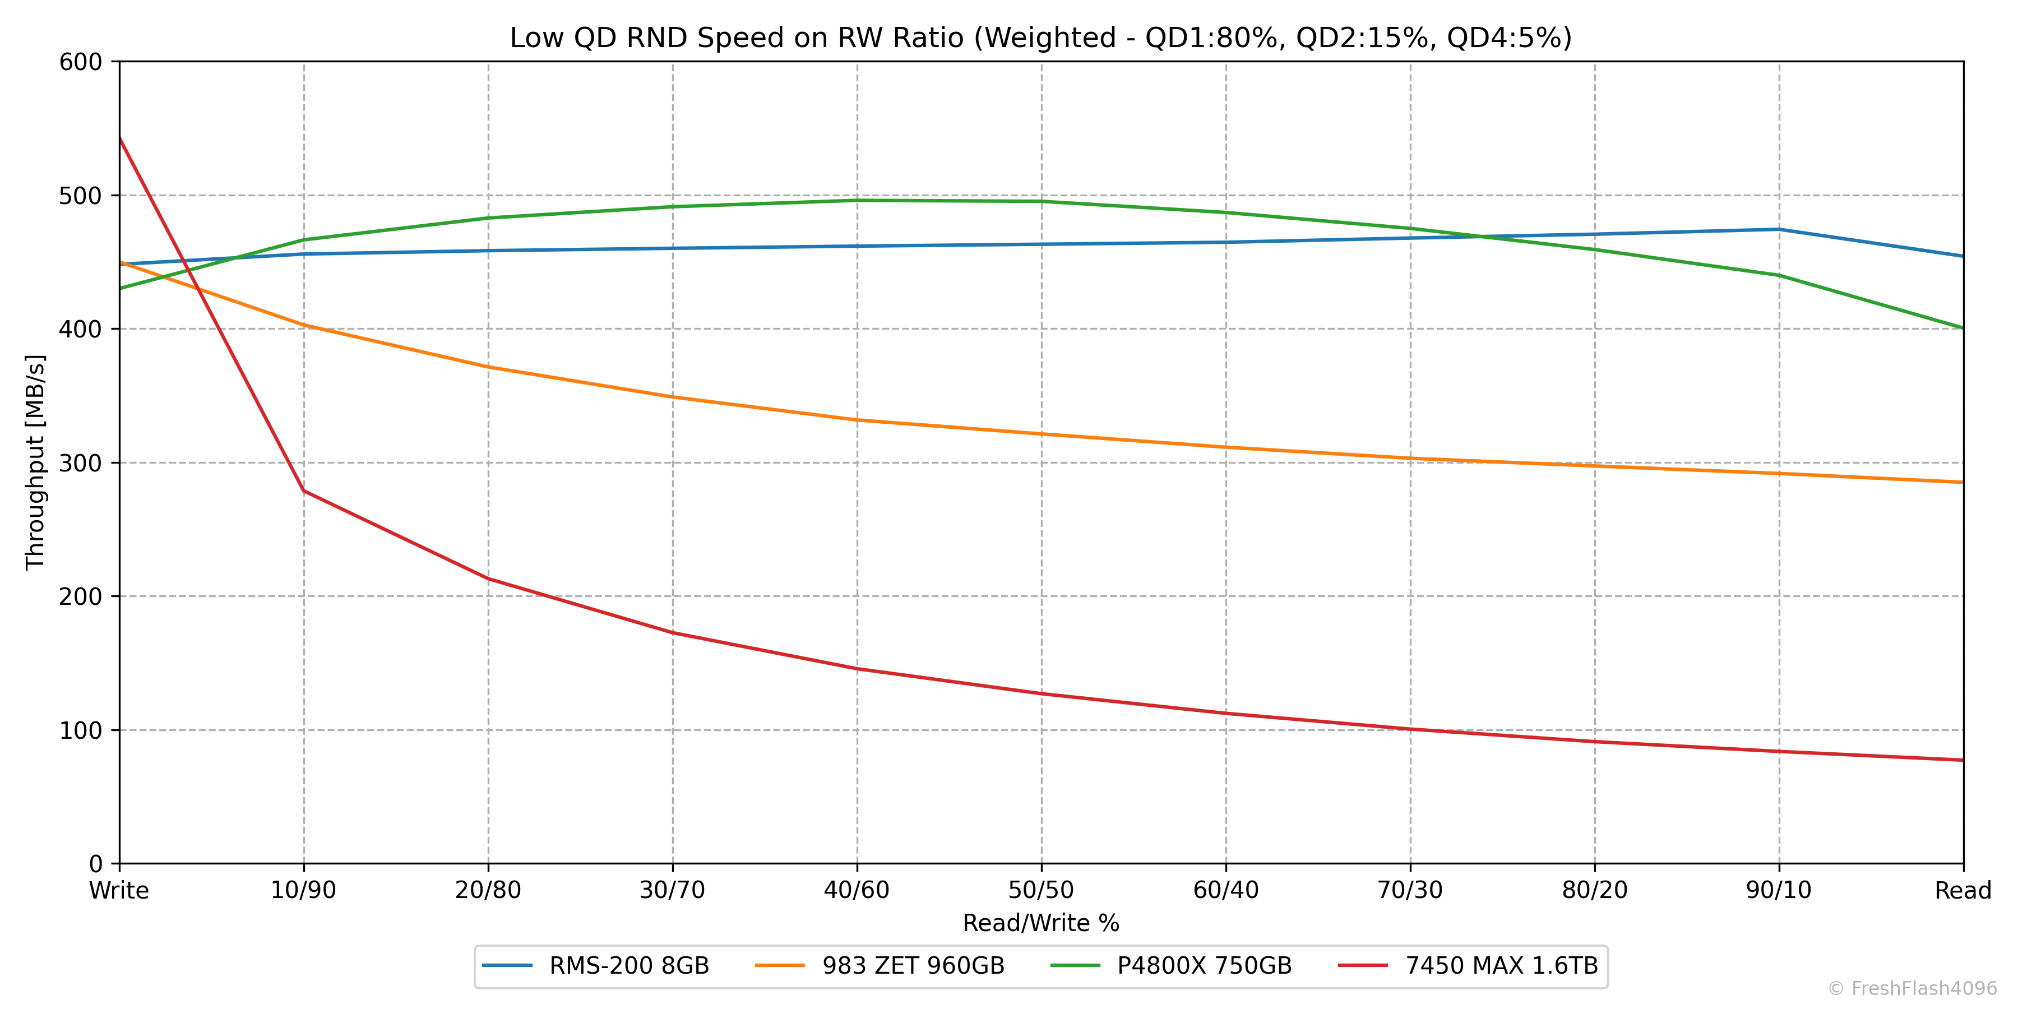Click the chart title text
coord(1040,38)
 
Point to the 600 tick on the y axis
coord(81,62)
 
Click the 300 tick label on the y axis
coord(81,463)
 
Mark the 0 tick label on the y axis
coord(95,864)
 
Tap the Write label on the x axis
coord(119,891)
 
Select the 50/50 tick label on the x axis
coord(1041,891)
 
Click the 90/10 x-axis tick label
coord(1779,891)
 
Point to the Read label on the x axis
coord(1963,891)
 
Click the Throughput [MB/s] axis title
coord(35,462)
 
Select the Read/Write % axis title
coord(1041,923)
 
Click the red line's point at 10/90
coord(304,491)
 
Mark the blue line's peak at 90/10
coord(1779,229)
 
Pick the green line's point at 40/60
coord(857,201)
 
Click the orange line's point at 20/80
coord(488,367)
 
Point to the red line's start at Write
coord(120,138)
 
